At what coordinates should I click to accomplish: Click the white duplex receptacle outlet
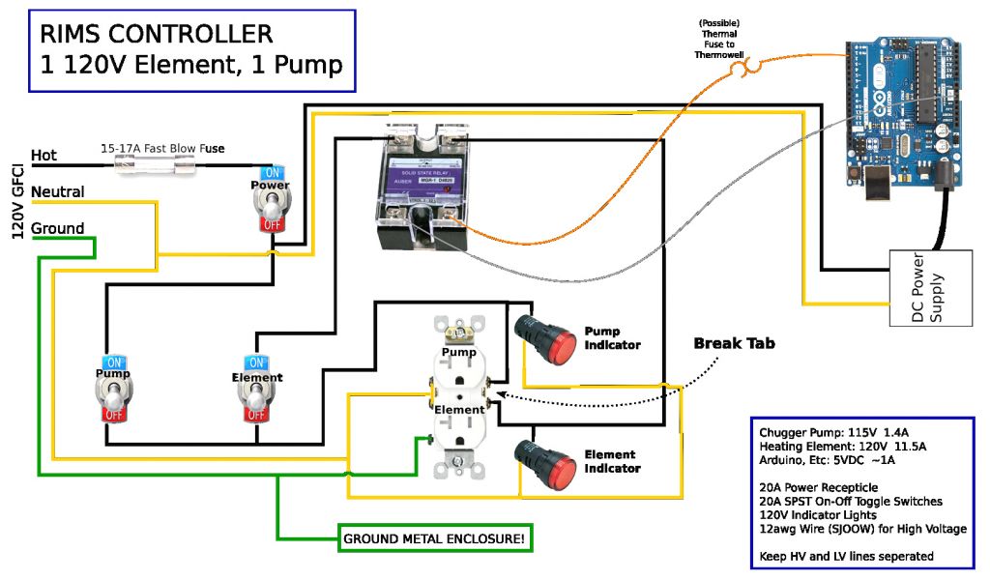(459, 396)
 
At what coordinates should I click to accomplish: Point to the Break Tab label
(734, 343)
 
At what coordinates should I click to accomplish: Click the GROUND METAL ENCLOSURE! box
(435, 538)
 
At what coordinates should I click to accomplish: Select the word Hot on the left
(44, 155)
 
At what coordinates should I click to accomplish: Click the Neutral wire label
(57, 191)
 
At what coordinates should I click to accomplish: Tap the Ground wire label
(57, 228)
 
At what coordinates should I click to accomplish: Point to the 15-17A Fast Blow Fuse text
(162, 148)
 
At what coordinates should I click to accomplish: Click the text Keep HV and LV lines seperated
(846, 556)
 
